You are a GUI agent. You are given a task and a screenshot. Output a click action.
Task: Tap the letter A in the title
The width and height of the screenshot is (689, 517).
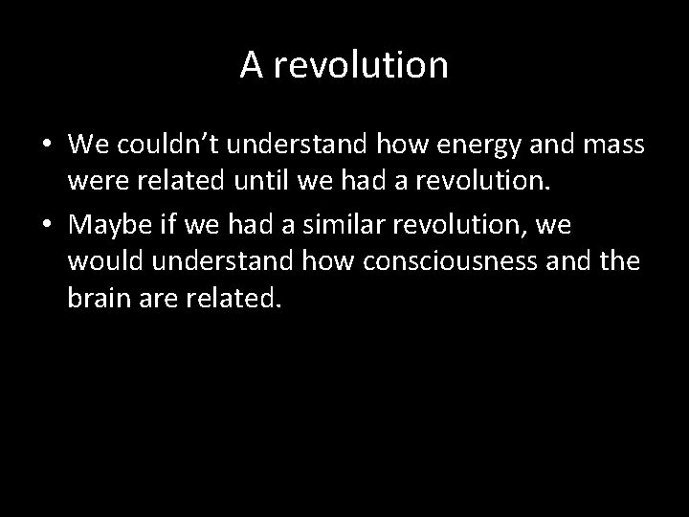pos(252,64)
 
